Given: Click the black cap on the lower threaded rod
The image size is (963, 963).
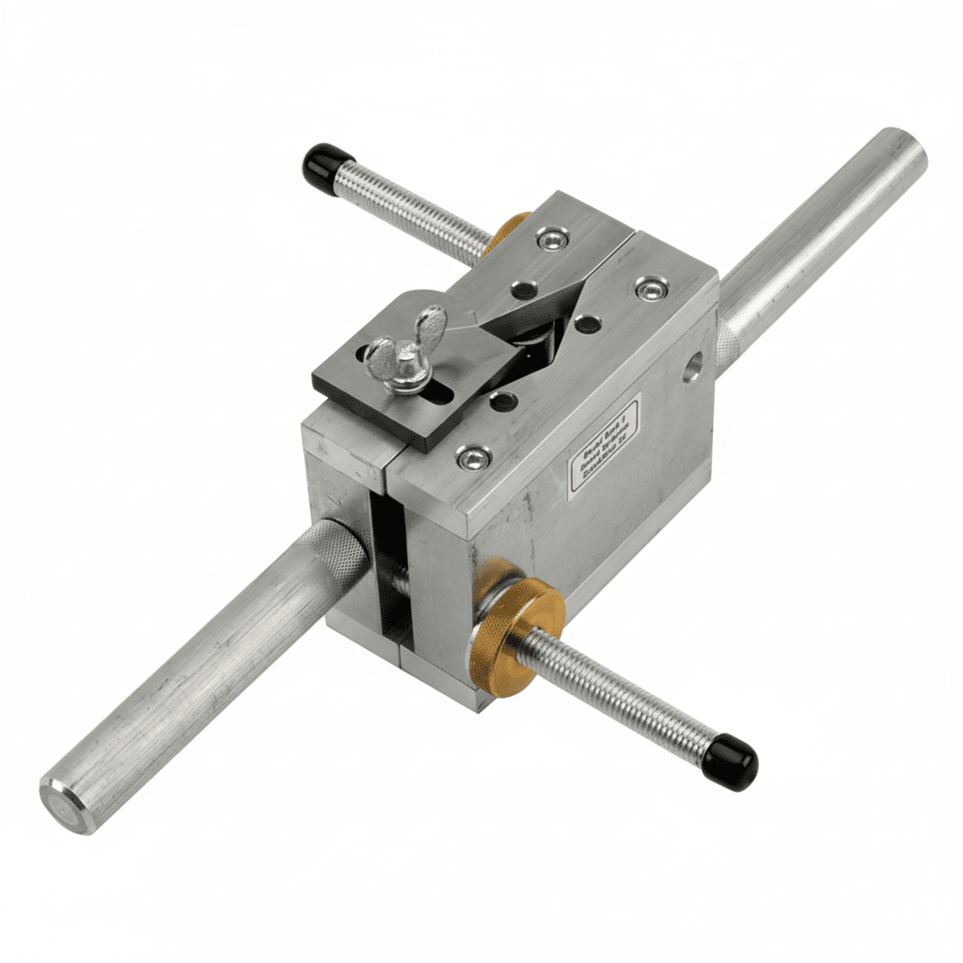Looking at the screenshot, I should (x=731, y=762).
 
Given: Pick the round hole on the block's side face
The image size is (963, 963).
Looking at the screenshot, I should (x=693, y=366).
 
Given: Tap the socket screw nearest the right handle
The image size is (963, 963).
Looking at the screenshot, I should (x=651, y=288).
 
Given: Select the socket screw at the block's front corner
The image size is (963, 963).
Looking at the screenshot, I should (x=473, y=457).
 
